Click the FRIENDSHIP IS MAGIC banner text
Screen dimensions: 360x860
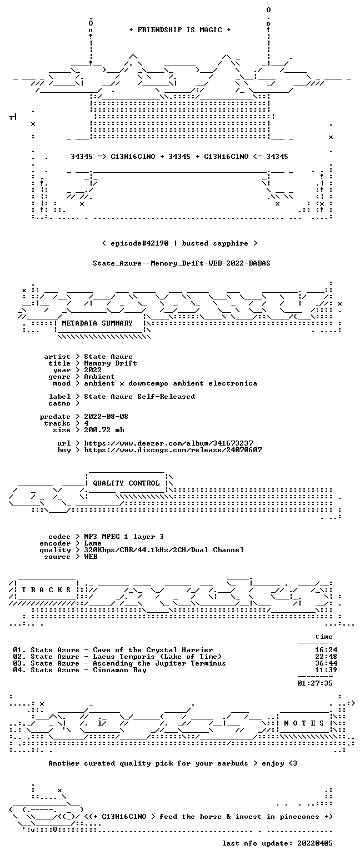tap(180, 30)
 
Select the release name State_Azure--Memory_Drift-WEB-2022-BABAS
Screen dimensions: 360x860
tap(182, 263)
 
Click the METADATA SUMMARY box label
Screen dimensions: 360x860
tap(97, 323)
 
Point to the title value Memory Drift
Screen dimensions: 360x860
tap(111, 363)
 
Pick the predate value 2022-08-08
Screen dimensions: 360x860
tap(106, 417)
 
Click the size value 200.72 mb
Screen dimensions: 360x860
tap(104, 430)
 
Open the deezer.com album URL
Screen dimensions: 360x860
tap(168, 443)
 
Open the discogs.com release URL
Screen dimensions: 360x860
tap(173, 450)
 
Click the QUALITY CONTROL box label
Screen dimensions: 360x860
tap(126, 483)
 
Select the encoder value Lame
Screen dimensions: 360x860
tap(93, 543)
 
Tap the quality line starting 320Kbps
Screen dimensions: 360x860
tap(164, 550)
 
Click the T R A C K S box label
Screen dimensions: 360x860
tap(47, 589)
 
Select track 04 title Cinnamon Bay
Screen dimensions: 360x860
tap(120, 670)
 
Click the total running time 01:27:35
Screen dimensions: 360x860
tap(315, 683)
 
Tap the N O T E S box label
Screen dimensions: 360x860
tap(304, 723)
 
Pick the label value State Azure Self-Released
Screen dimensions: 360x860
tap(139, 397)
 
